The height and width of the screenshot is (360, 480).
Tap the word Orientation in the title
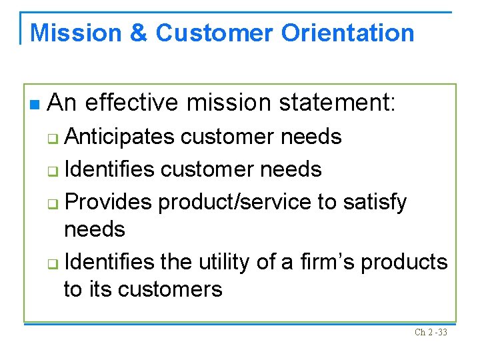[347, 33]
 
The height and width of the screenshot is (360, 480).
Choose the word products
[404, 262]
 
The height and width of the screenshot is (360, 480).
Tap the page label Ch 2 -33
[431, 331]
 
